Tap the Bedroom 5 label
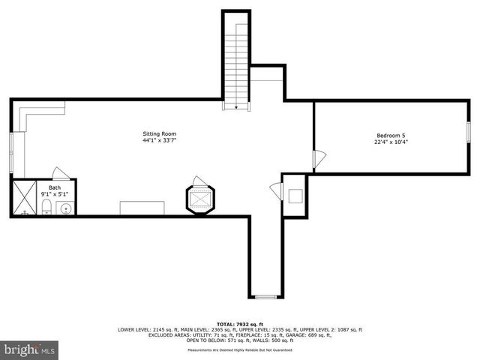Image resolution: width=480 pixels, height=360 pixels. tap(391, 135)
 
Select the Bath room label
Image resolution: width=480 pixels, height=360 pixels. tap(55, 187)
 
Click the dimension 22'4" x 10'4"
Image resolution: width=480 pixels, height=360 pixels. tap(391, 142)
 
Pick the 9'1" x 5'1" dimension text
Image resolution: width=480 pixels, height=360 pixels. tap(55, 194)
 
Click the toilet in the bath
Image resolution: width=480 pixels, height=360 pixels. tap(46, 206)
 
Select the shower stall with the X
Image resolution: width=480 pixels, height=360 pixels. tap(25, 198)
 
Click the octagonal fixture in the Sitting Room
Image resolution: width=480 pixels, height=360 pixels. tap(200, 200)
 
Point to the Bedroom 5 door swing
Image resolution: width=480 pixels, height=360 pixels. tap(319, 159)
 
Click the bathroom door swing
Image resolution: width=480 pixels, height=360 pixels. tap(61, 173)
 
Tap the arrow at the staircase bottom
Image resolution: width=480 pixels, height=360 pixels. tap(236, 108)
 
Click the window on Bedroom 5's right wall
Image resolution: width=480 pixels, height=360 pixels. tap(469, 133)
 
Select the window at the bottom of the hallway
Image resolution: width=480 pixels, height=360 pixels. tap(265, 296)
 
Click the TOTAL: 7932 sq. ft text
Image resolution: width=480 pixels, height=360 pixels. tap(239, 323)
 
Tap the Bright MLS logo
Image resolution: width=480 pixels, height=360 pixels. tap(30, 349)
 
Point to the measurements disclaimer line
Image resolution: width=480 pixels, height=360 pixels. tap(239, 349)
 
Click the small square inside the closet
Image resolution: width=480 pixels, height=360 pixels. tap(295, 196)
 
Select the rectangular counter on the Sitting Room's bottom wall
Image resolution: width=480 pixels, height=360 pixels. tap(142, 208)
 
